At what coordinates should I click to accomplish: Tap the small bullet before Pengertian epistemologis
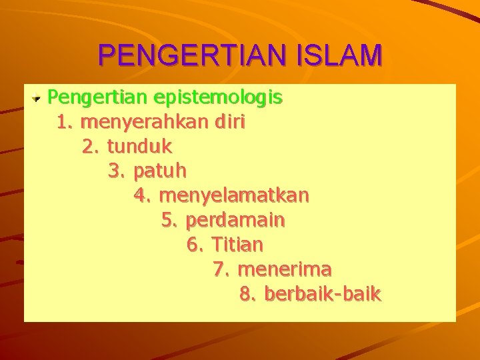pyautogui.click(x=38, y=99)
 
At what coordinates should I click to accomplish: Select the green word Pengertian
pyautogui.click(x=98, y=98)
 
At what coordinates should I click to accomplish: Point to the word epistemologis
pyautogui.click(x=218, y=98)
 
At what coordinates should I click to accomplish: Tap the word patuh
pyautogui.click(x=160, y=171)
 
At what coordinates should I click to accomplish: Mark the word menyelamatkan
pyautogui.click(x=235, y=196)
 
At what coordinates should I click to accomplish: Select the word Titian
pyautogui.click(x=237, y=245)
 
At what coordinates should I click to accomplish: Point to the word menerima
pyautogui.click(x=285, y=269)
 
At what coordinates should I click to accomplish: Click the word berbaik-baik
pyautogui.click(x=323, y=293)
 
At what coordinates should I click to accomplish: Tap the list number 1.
pyautogui.click(x=64, y=123)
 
